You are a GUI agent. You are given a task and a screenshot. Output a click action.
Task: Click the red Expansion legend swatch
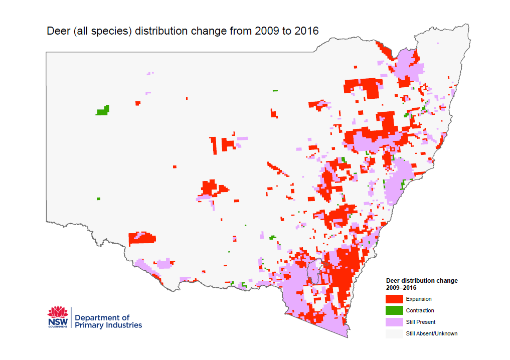(394, 299)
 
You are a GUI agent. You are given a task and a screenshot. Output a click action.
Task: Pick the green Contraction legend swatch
(394, 310)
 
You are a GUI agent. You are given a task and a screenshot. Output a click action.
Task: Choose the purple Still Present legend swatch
(394, 322)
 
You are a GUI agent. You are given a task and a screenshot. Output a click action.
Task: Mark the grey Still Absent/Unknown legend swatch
(394, 333)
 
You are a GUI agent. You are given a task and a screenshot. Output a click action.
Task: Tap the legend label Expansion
(419, 299)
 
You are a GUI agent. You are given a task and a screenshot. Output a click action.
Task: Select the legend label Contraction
(420, 310)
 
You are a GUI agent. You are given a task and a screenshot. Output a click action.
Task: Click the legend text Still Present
(421, 322)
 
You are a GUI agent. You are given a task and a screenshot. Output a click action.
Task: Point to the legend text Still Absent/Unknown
(431, 333)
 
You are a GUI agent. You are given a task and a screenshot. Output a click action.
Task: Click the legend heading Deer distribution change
(422, 281)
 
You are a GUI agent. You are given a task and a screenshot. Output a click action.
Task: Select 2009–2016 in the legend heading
(401, 288)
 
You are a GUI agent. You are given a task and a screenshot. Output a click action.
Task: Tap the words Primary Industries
(108, 325)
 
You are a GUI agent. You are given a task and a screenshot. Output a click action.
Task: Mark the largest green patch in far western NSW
(103, 111)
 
